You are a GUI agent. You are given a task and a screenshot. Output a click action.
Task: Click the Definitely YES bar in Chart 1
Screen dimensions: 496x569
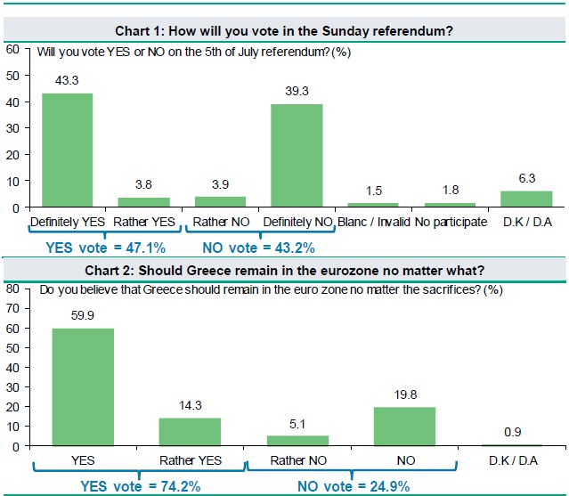click(x=67, y=150)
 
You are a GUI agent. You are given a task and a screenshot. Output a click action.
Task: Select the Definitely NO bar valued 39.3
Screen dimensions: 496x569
click(x=297, y=156)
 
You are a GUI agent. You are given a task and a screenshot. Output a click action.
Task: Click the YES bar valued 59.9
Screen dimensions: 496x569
click(x=83, y=386)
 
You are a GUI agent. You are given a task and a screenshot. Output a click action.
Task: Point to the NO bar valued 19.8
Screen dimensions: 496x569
click(x=405, y=426)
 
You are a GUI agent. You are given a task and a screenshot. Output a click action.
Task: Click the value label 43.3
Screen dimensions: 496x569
click(x=67, y=81)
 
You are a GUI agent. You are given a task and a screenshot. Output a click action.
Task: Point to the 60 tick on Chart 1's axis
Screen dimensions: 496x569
click(x=12, y=49)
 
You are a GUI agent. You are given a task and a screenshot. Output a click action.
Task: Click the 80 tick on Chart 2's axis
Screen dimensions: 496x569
click(x=12, y=289)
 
